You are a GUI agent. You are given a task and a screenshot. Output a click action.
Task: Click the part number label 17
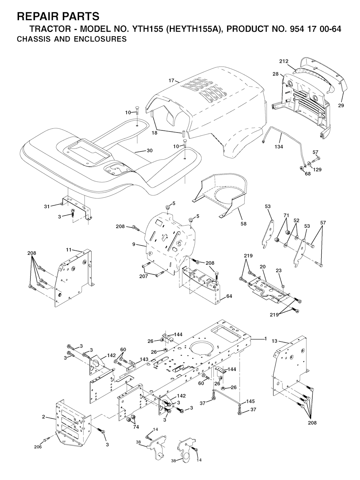point(171,81)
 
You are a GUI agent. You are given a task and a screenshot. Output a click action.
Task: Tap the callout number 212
point(284,62)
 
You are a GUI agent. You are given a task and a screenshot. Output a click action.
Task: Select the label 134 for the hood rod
point(279,147)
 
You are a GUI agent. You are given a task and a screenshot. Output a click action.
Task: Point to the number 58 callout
point(243,224)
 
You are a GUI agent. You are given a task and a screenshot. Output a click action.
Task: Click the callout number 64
point(229,296)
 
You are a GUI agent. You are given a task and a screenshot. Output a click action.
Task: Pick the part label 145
point(250,402)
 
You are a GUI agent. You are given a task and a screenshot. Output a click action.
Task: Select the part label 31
point(47,206)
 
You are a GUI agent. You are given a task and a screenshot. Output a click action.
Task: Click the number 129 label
point(317,170)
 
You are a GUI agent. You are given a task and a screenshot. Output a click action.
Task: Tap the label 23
point(279,271)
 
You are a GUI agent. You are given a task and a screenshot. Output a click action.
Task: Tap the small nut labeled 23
point(283,286)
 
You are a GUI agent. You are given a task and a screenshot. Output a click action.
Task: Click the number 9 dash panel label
point(134,244)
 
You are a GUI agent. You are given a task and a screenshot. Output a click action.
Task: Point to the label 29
point(341,106)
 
